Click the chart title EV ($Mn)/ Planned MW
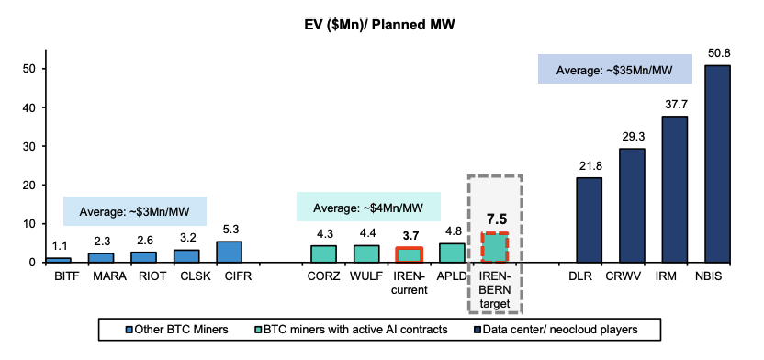381,22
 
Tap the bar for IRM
675,189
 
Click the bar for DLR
590,219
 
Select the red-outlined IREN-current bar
409,254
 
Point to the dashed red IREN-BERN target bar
495,248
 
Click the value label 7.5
495,219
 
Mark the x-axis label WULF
366,274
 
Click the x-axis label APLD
451,274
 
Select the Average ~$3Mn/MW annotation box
134,211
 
